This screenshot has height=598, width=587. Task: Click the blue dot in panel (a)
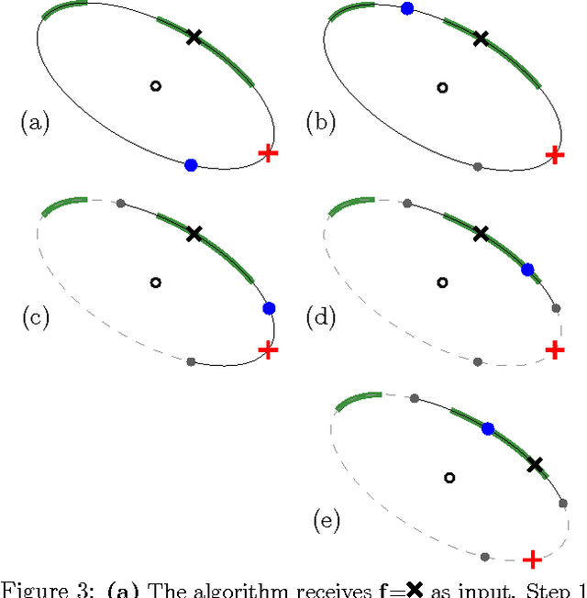point(191,165)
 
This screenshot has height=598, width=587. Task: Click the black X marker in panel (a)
point(194,37)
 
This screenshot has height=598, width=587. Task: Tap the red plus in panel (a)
point(268,152)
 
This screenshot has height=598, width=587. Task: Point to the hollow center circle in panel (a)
point(155,86)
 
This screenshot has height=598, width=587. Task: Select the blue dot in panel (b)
point(406,8)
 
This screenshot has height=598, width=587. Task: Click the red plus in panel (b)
point(555,153)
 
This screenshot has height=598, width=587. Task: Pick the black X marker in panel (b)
point(481,38)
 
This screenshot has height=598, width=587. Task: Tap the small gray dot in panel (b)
point(477,166)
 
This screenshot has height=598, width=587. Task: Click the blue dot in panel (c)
point(269,308)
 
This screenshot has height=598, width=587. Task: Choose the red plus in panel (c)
point(268,349)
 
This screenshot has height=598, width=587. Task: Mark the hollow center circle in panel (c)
point(155,282)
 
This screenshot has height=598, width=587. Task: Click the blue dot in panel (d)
point(527,269)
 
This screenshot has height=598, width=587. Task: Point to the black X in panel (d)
point(481,234)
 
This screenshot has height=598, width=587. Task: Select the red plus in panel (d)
point(555,349)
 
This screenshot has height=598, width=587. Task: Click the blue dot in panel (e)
point(488,428)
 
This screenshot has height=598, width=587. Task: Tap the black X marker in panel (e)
point(535,465)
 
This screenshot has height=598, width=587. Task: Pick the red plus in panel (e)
point(530,559)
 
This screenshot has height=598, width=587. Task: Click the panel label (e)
point(327,523)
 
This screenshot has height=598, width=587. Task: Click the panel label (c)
point(35,318)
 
